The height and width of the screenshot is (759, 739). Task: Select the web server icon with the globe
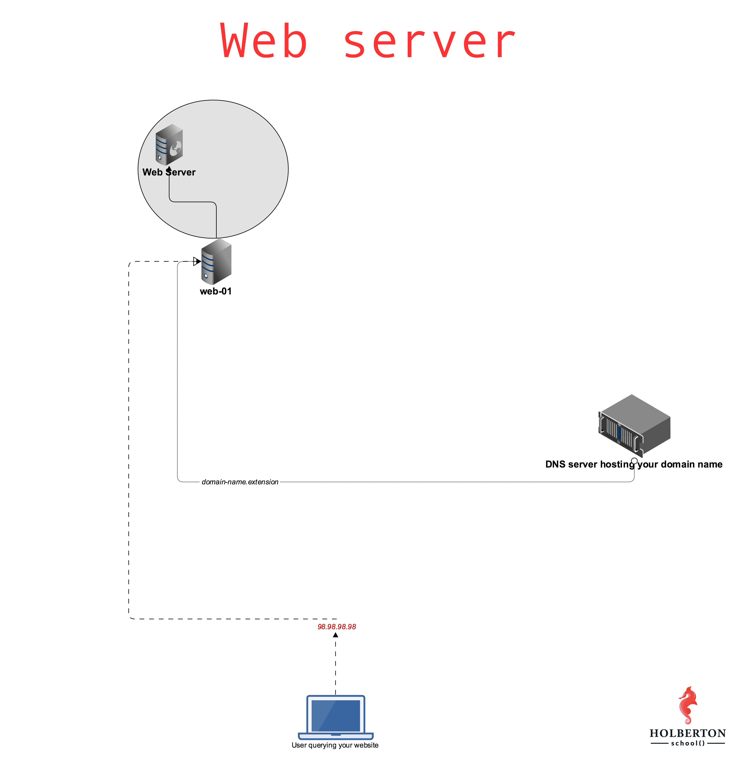169,144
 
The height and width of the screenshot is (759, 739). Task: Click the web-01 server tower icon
217,262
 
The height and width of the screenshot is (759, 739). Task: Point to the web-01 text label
216,291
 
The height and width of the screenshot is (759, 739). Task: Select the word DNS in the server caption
555,464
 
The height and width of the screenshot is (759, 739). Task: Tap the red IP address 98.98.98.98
337,627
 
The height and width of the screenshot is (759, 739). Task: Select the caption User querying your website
335,745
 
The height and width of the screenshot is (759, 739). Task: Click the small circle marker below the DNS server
634,461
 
